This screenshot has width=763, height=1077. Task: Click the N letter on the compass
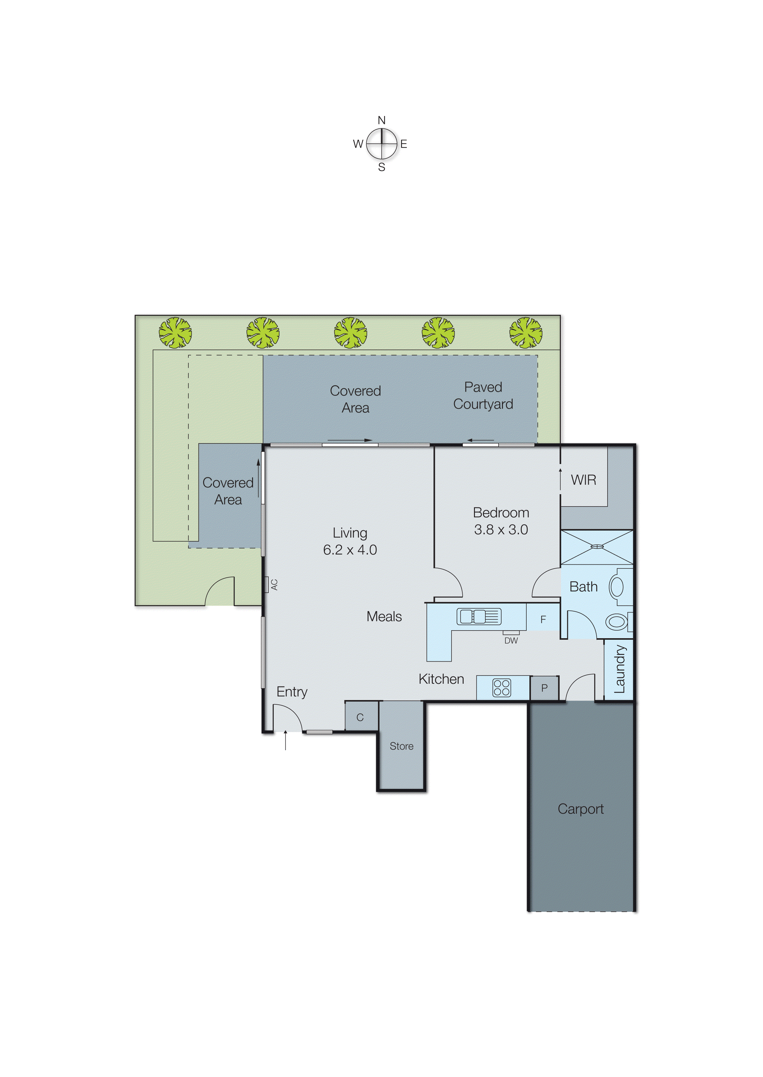click(382, 121)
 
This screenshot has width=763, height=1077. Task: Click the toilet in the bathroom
click(617, 622)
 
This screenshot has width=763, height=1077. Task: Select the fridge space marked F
click(543, 619)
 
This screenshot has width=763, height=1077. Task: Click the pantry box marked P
click(544, 688)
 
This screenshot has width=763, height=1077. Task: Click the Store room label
click(401, 746)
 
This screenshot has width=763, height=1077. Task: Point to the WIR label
click(584, 479)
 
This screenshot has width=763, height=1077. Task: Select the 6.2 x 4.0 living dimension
click(350, 550)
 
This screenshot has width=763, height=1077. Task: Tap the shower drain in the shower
click(597, 546)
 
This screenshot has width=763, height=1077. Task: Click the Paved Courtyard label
click(483, 395)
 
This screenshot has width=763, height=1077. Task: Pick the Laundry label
click(619, 669)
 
